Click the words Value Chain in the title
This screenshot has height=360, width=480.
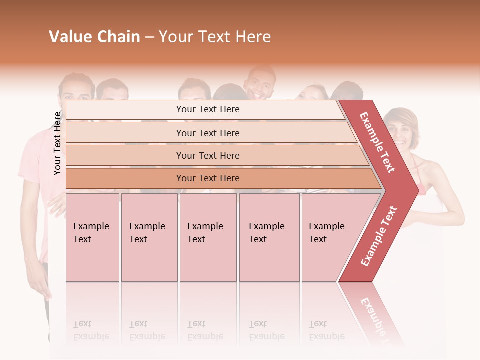pyautogui.click(x=94, y=37)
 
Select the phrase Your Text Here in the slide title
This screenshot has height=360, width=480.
pyautogui.click(x=215, y=37)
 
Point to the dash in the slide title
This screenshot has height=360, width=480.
pyautogui.click(x=149, y=37)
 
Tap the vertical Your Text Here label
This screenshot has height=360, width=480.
pyautogui.click(x=57, y=143)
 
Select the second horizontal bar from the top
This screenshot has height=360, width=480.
pyautogui.click(x=207, y=133)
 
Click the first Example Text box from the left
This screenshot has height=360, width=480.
pyautogui.click(x=92, y=237)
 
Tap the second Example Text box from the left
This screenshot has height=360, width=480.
pyautogui.click(x=149, y=237)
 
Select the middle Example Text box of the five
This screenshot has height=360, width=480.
pyautogui.click(x=208, y=237)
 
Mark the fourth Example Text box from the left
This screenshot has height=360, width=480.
pyautogui.click(x=269, y=237)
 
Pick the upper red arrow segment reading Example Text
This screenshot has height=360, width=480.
pyautogui.click(x=378, y=143)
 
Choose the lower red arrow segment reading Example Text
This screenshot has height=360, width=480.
pyautogui.click(x=378, y=236)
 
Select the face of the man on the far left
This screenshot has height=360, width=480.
pyautogui.click(x=77, y=93)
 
